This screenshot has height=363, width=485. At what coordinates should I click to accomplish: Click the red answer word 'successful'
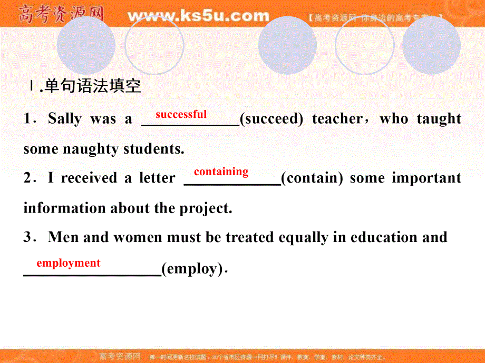pyautogui.click(x=181, y=114)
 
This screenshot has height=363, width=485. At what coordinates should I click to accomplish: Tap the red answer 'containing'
pyautogui.click(x=221, y=172)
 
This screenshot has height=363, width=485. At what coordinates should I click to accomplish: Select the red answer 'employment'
pyautogui.click(x=68, y=263)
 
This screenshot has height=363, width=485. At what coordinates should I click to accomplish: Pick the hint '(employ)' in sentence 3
pyautogui.click(x=192, y=269)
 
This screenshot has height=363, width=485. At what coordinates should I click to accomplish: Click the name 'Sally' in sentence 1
pyautogui.click(x=65, y=119)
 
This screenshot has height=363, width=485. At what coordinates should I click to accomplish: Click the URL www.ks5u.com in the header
pyautogui.click(x=198, y=16)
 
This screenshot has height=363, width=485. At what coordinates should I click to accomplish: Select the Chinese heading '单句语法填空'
pyautogui.click(x=92, y=86)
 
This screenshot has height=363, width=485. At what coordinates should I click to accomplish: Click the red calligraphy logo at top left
pyautogui.click(x=60, y=14)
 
